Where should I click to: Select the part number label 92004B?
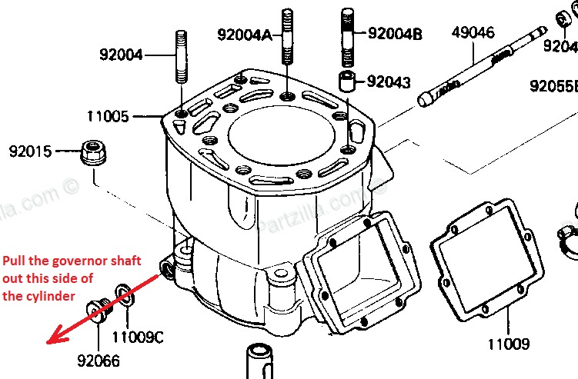[x=395, y=33]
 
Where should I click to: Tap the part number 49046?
[x=473, y=33]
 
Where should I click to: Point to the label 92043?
[x=389, y=81]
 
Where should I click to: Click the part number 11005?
[x=108, y=116]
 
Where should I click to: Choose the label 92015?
[x=30, y=151]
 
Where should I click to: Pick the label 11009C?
[x=137, y=337]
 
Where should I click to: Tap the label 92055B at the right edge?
[x=553, y=85]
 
